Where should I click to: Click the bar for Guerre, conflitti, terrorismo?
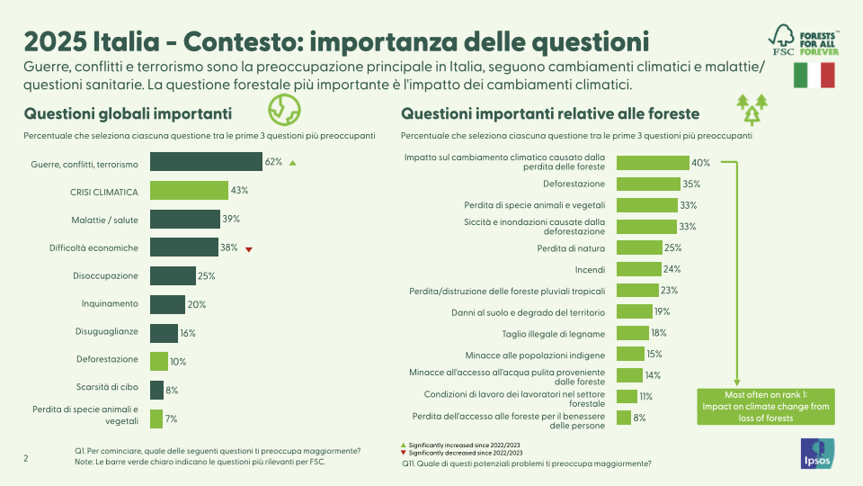(206, 162)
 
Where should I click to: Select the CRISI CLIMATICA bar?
(189, 191)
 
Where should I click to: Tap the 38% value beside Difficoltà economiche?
(230, 247)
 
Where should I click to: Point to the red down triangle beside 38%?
(249, 248)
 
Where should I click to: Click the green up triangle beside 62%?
(293, 163)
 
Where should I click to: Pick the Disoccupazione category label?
(105, 275)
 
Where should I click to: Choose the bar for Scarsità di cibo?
(156, 390)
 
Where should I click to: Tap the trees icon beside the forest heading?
(752, 109)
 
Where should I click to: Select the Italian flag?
(814, 76)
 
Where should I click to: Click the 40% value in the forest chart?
(701, 163)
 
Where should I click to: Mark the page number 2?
(26, 458)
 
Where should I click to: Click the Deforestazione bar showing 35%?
(647, 184)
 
